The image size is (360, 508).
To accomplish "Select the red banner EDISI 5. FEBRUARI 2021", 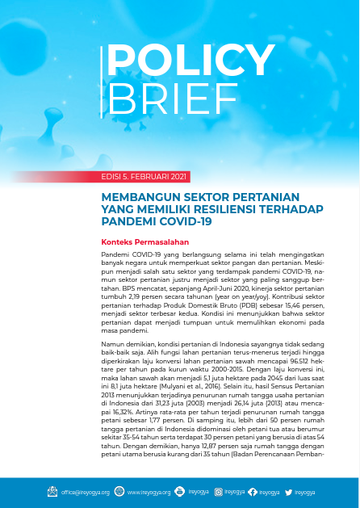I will (x=144, y=176).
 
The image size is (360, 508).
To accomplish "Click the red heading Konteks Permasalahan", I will (x=144, y=241).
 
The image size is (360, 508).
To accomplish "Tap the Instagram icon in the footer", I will (x=220, y=491).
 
